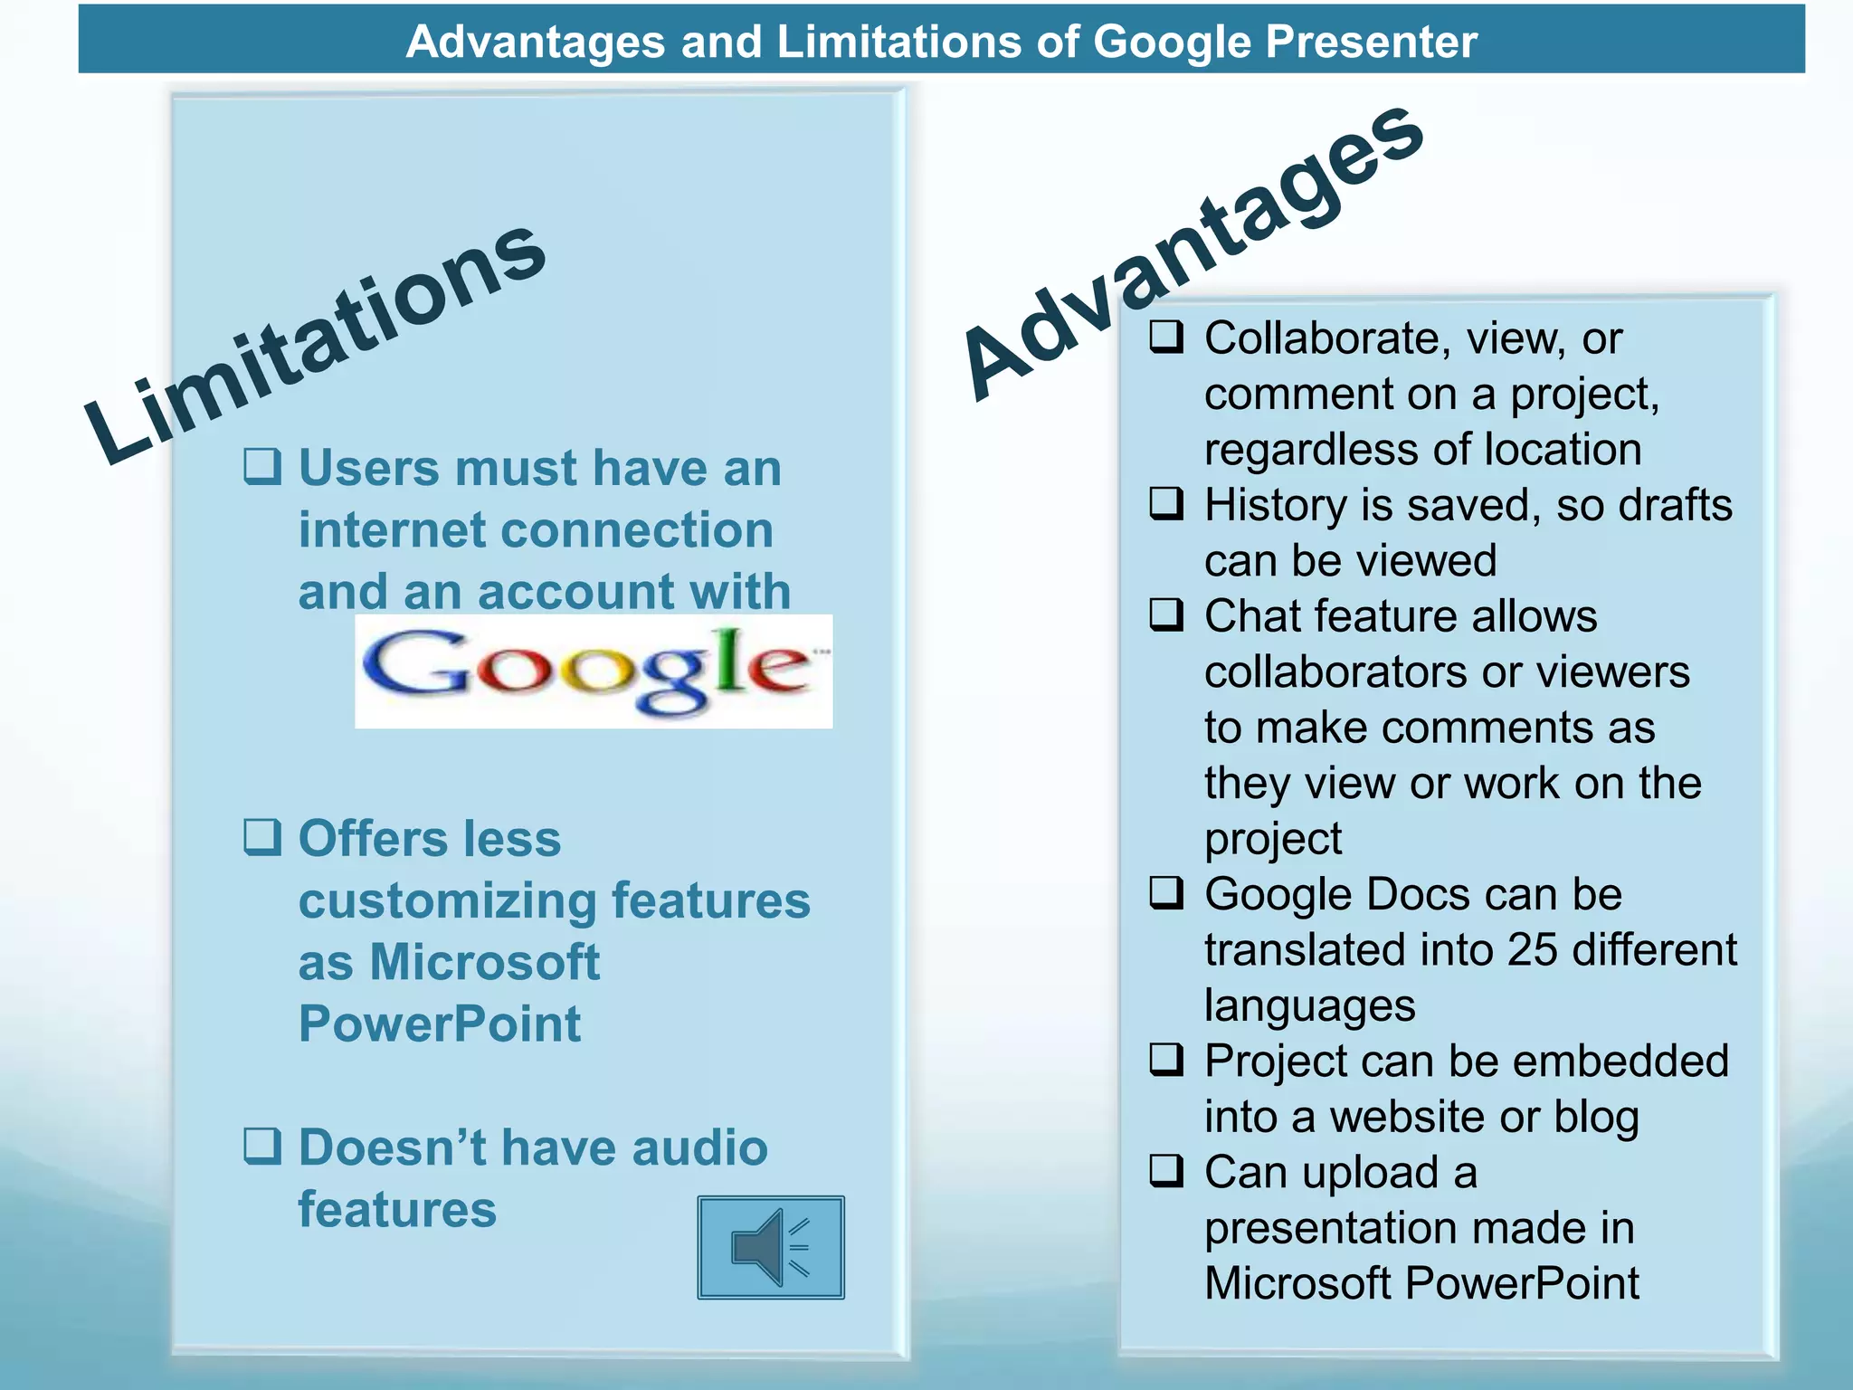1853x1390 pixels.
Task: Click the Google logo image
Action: (594, 671)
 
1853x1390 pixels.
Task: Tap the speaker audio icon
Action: (770, 1247)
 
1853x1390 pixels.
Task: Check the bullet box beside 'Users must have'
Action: (262, 467)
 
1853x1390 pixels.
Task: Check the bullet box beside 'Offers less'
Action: (262, 837)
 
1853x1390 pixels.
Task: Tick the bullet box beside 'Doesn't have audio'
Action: (262, 1146)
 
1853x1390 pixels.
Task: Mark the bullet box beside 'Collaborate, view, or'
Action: (1166, 337)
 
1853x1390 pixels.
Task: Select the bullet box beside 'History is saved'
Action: (1166, 503)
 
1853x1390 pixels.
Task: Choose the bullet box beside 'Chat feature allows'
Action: (1166, 614)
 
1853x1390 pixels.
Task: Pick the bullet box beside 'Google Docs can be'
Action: (1166, 893)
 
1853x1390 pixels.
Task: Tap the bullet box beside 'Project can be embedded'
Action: (1166, 1060)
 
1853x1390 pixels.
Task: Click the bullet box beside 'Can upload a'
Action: (1166, 1171)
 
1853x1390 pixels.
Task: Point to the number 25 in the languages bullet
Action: (1532, 949)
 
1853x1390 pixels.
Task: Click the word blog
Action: (1596, 1118)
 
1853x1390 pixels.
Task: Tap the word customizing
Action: (448, 901)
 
